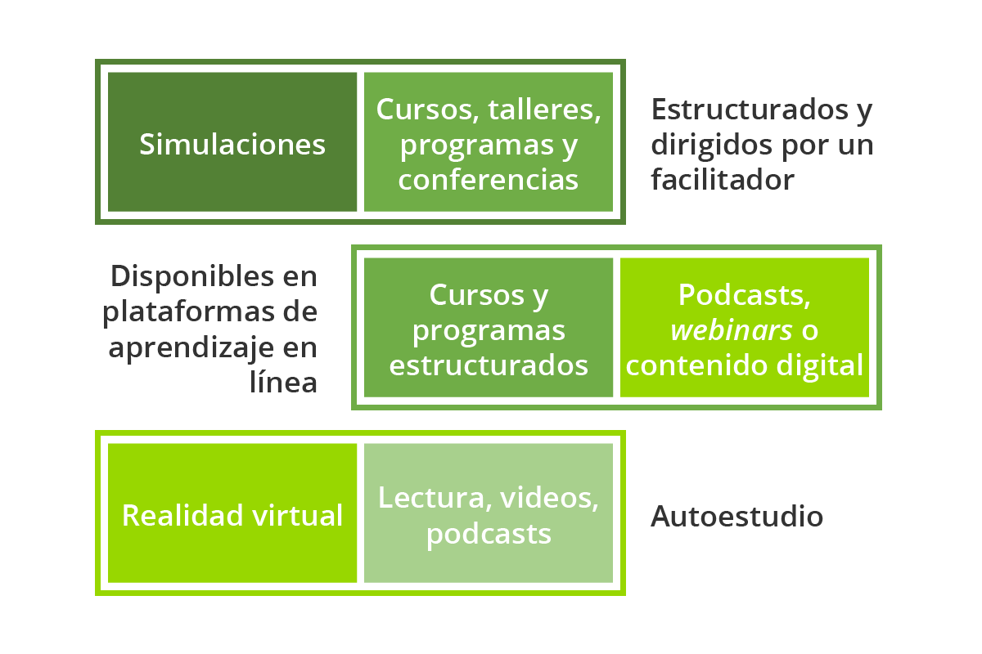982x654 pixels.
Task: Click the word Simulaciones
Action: pos(232,144)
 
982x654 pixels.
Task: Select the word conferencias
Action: pos(489,180)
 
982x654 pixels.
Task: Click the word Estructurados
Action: pos(750,109)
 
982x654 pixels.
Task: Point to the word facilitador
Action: pos(723,179)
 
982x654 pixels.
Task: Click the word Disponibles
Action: pos(192,276)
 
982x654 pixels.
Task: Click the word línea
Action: pos(283,382)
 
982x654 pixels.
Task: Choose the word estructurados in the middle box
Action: pos(489,365)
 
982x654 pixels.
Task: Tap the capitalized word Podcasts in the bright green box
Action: pos(744,295)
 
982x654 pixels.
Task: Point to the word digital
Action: pos(819,365)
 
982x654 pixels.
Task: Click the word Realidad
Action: pos(182,515)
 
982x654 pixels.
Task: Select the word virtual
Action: pos(297,515)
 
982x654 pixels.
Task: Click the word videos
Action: pos(549,499)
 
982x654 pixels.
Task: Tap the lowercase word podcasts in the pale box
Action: pos(489,535)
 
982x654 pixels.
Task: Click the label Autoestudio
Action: pos(737,516)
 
